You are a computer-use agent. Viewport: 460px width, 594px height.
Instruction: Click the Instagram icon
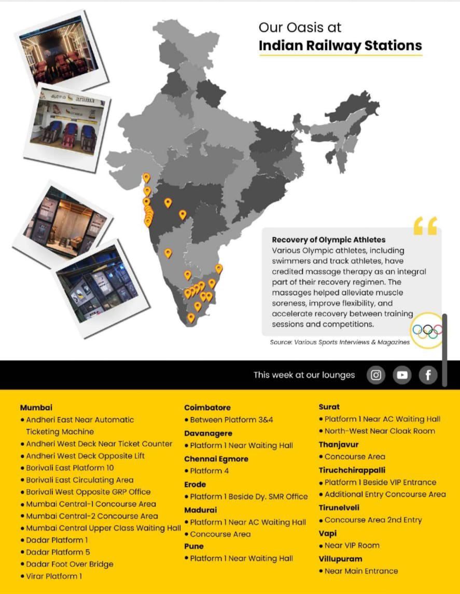(x=376, y=375)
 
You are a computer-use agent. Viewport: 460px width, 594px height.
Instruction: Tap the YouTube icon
(x=402, y=375)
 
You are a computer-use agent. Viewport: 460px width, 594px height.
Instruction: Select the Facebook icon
(x=428, y=375)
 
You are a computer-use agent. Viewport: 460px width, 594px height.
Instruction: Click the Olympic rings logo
(x=427, y=330)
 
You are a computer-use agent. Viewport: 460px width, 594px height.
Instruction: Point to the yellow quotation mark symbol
(x=425, y=226)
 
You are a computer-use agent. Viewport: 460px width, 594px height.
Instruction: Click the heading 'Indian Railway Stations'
(x=340, y=46)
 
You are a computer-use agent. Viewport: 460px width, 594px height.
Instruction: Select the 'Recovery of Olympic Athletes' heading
(x=329, y=240)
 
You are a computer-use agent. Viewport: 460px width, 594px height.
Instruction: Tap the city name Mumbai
(x=36, y=408)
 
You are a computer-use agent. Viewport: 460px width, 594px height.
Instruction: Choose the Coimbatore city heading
(x=207, y=408)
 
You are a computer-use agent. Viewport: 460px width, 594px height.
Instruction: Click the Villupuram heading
(x=340, y=559)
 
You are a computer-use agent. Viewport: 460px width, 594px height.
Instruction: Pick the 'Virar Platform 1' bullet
(x=54, y=576)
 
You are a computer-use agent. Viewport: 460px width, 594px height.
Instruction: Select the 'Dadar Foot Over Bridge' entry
(x=69, y=564)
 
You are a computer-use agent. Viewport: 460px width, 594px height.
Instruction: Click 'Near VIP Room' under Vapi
(x=352, y=545)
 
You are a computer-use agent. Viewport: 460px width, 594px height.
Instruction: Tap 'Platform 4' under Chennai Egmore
(x=209, y=471)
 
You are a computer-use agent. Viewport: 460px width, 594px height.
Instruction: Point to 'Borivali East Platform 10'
(x=70, y=468)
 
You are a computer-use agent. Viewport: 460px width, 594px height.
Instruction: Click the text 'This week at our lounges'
(x=304, y=375)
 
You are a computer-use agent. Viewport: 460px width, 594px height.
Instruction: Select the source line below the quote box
(x=340, y=342)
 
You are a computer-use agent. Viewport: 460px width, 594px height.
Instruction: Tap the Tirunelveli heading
(x=339, y=507)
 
